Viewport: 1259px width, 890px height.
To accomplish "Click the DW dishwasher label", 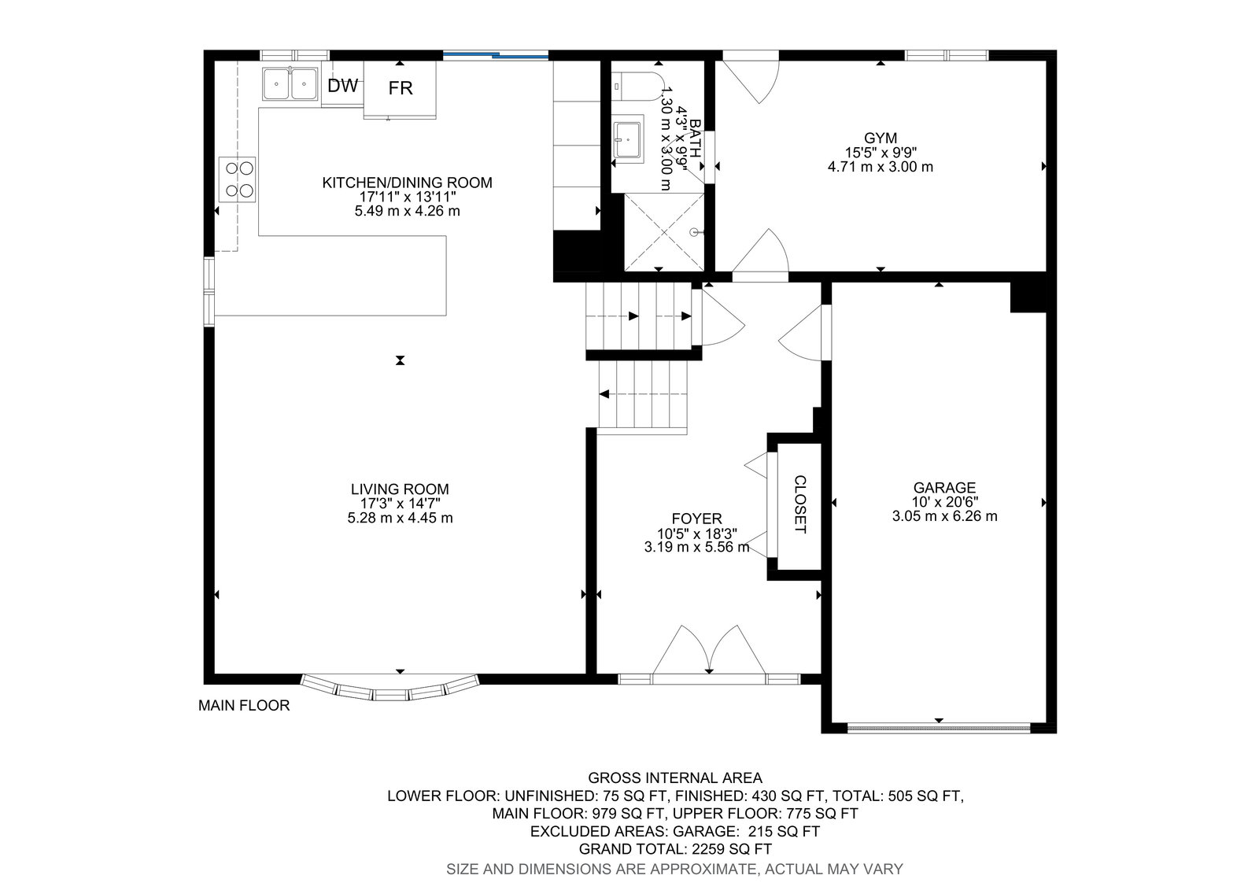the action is (343, 86).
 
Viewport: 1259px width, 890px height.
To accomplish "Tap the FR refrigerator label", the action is (401, 88).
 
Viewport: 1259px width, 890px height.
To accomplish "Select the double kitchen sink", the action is (290, 83).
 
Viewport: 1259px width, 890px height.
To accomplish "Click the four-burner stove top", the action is (237, 179).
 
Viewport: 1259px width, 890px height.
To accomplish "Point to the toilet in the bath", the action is (637, 86).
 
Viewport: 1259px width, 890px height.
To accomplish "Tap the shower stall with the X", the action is (664, 232).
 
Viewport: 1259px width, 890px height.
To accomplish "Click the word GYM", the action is (881, 138).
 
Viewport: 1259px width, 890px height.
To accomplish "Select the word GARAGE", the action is (944, 487).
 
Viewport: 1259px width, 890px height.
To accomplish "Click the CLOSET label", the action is (799, 504).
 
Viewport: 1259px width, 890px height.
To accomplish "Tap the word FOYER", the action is (697, 519).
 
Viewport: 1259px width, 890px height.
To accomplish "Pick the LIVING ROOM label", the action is (401, 489).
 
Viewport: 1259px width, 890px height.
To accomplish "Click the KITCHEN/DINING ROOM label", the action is (408, 183).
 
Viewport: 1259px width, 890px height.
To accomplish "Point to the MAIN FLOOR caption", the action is (244, 706).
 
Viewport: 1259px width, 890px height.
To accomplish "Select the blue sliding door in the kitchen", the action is (496, 55).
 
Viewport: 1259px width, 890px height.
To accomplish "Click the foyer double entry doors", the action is (709, 653).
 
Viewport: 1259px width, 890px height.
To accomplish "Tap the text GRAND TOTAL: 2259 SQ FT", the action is (675, 849).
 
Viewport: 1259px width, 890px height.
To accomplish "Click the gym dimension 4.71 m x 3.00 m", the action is (881, 167).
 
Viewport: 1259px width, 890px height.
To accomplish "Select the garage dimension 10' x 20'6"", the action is (945, 502).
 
